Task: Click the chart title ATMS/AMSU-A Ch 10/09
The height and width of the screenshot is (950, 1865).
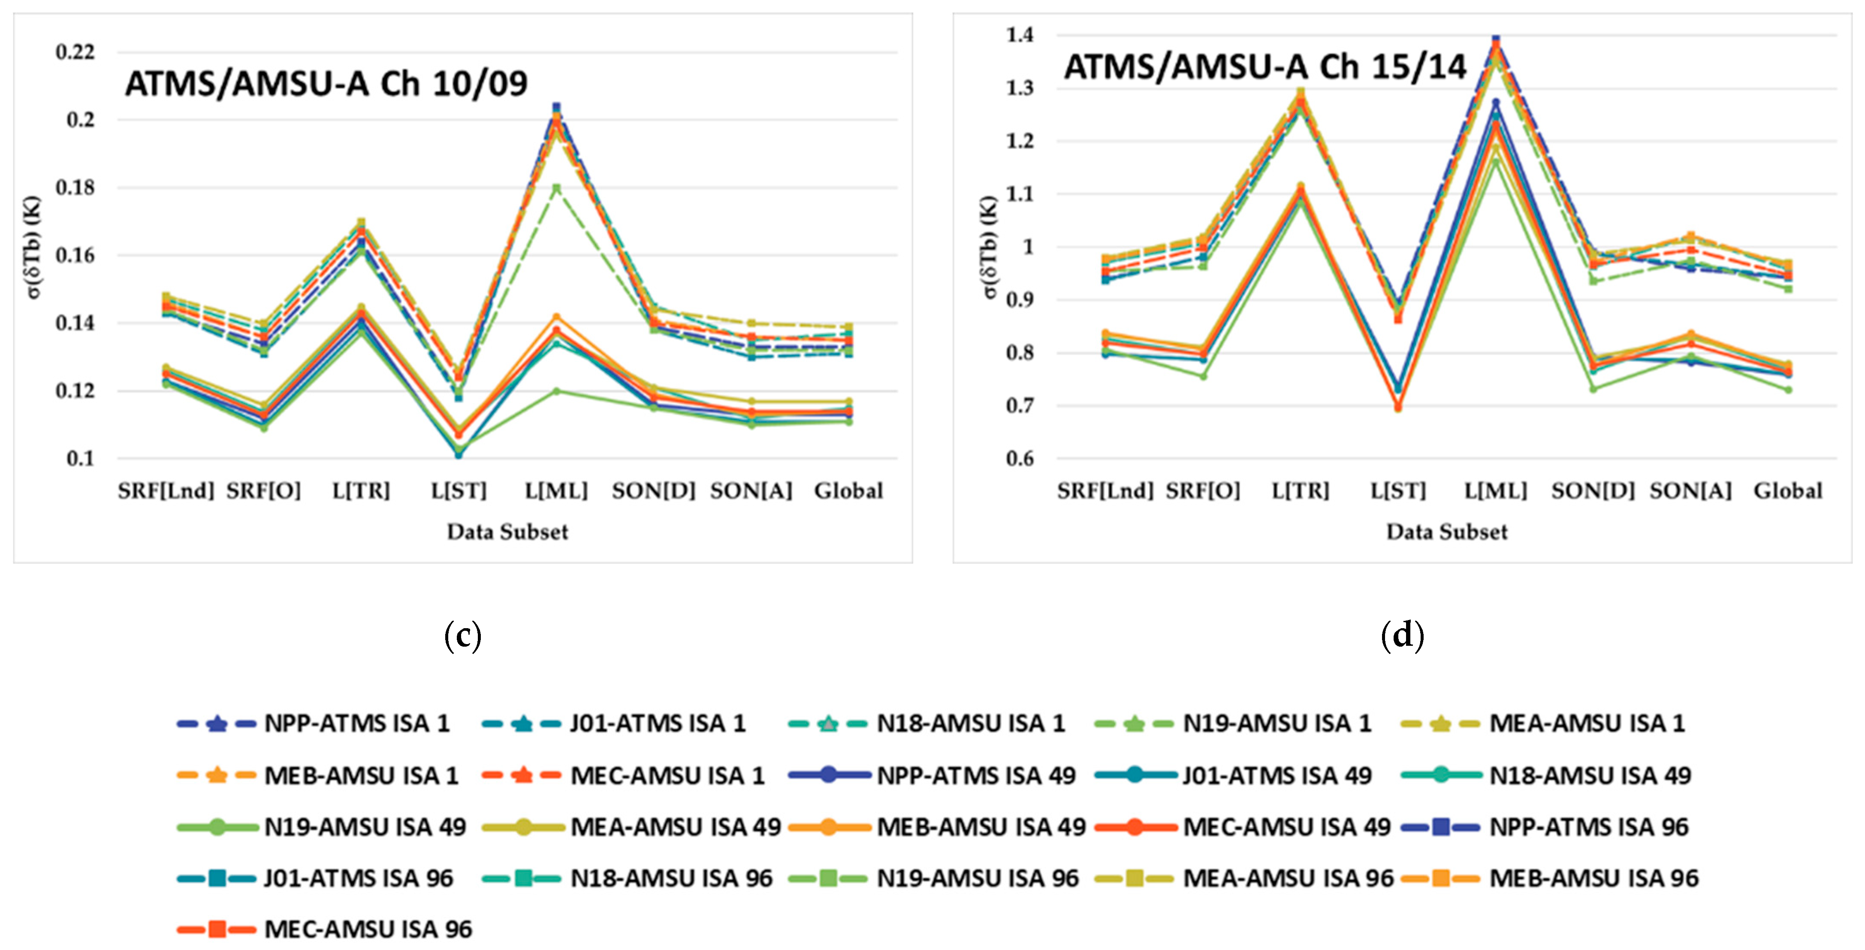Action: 326,83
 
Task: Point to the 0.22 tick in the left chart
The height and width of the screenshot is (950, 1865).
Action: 75,52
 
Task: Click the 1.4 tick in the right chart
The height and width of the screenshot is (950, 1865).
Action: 1020,35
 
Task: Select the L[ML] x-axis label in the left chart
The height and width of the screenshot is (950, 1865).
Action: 556,491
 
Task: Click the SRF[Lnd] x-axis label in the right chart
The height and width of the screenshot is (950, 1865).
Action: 1105,491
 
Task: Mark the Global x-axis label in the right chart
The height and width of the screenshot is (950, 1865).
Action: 1787,491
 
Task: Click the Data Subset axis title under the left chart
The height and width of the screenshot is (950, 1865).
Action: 507,532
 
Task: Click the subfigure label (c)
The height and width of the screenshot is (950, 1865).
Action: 463,636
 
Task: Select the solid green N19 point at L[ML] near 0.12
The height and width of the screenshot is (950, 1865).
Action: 556,391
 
